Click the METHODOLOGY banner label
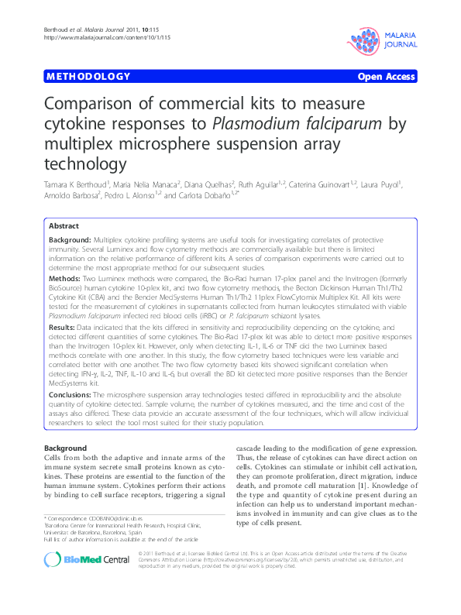pyautogui.click(x=88, y=77)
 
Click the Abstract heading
pyautogui.click(x=64, y=225)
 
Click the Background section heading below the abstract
pyautogui.click(x=65, y=448)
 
